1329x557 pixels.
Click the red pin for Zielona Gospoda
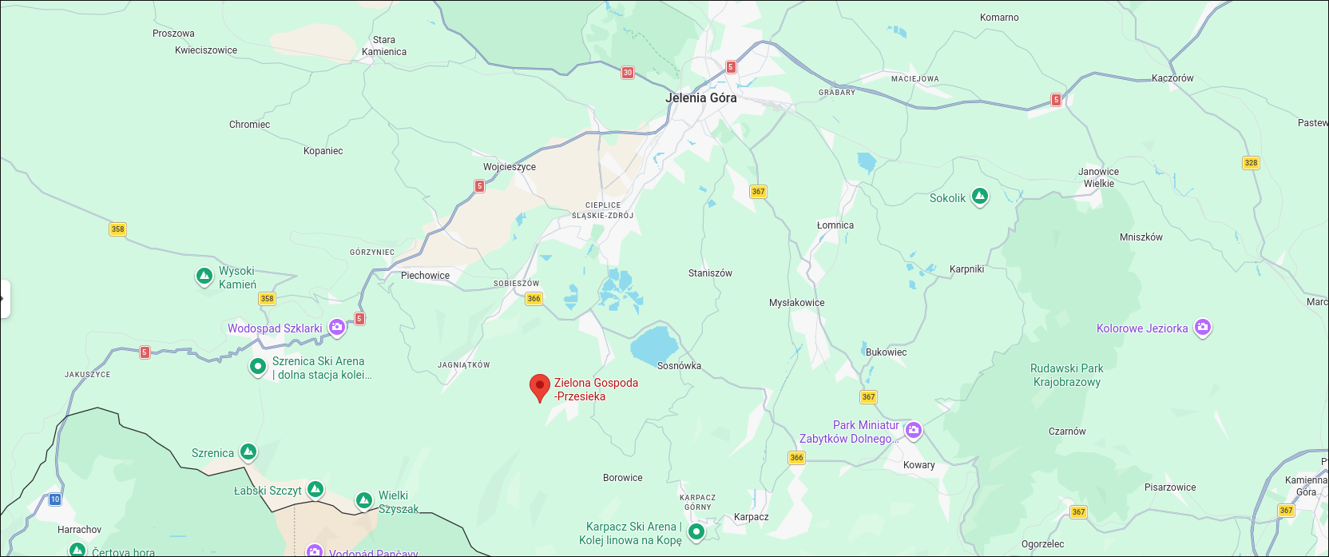coord(540,387)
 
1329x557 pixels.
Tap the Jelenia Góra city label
coord(701,97)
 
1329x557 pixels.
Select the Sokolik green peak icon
coord(980,197)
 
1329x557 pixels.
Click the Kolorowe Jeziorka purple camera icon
coord(1202,328)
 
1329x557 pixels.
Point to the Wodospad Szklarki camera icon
coord(337,327)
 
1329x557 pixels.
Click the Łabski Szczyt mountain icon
coord(315,489)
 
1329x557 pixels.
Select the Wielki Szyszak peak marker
coord(364,500)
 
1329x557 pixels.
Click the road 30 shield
coord(628,73)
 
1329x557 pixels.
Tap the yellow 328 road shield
coord(1251,163)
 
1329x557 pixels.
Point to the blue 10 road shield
coord(55,499)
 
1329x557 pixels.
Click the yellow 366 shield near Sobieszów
coord(534,299)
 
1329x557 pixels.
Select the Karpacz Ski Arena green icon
coord(696,531)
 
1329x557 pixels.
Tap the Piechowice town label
coord(425,276)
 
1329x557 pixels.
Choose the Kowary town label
coord(918,465)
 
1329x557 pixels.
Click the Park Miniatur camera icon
coord(914,430)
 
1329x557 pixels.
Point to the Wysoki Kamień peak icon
coord(204,277)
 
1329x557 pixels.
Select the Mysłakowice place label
coord(796,303)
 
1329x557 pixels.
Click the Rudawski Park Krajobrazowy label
coord(1066,375)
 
